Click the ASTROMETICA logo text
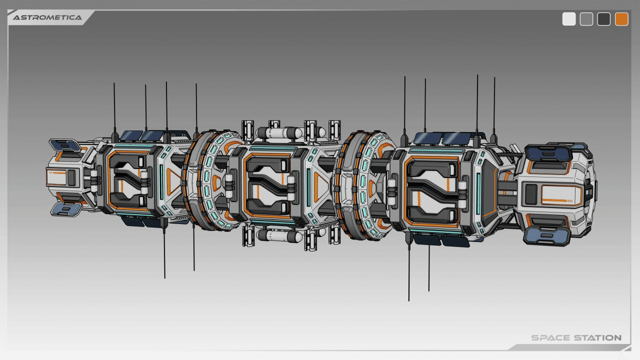[x=47, y=17]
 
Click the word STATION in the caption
[x=598, y=337]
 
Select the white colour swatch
[x=569, y=19]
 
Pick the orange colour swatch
[x=621, y=19]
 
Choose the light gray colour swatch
[x=586, y=19]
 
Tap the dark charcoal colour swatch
[x=603, y=19]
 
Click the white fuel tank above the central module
[x=279, y=133]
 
